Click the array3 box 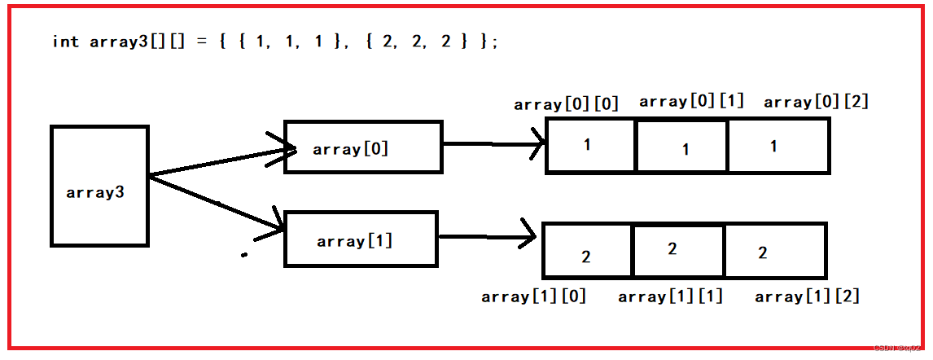point(99,186)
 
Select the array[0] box point(363,147)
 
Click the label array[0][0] point(567,105)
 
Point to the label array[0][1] point(692,101)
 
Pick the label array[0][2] point(817,102)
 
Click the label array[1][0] point(534,296)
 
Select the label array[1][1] point(671,296)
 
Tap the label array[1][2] point(808,296)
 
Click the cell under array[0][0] point(591,146)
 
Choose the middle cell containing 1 point(682,146)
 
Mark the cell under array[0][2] point(779,146)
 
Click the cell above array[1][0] point(587,251)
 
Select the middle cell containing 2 point(679,251)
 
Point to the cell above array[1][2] point(776,251)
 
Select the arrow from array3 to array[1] point(216,202)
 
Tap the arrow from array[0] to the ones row point(495,143)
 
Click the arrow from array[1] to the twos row point(488,237)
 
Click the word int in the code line point(65,42)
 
